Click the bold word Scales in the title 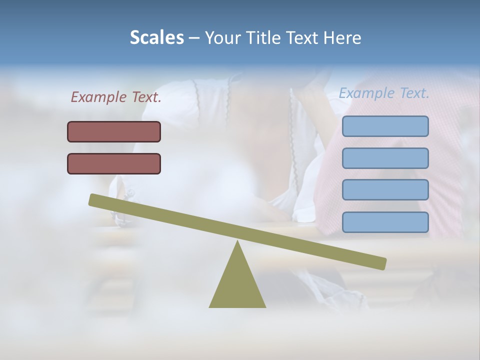tap(156, 37)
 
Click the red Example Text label tap(116, 97)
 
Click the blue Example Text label tap(384, 93)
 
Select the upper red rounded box tap(114, 131)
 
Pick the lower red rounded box tap(114, 163)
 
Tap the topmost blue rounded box tap(385, 126)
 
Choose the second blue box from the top tap(385, 158)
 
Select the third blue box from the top tap(385, 190)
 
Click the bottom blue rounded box tap(385, 222)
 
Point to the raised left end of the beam tap(93, 199)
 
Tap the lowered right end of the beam tap(382, 263)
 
